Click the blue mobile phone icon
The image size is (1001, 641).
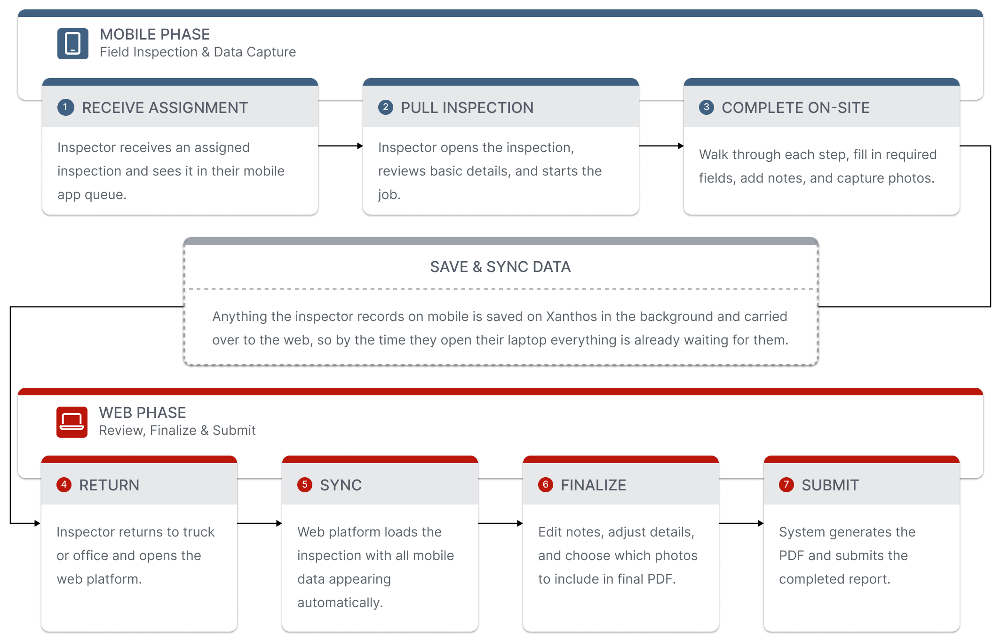click(73, 44)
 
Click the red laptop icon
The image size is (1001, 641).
click(72, 422)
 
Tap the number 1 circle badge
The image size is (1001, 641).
click(65, 107)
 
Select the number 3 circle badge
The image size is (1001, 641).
click(706, 107)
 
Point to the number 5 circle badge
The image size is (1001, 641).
click(305, 485)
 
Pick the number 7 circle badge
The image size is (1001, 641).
click(786, 485)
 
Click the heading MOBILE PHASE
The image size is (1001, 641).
click(155, 34)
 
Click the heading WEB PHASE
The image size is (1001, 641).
click(143, 413)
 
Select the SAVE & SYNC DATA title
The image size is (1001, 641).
click(500, 267)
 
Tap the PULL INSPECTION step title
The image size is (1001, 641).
click(467, 108)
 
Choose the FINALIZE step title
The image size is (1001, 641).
click(593, 485)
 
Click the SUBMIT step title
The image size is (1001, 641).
click(830, 485)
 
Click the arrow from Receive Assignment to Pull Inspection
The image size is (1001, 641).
click(341, 146)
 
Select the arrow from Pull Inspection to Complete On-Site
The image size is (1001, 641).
click(661, 146)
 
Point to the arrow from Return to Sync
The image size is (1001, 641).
click(260, 523)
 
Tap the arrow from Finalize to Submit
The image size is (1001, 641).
click(741, 523)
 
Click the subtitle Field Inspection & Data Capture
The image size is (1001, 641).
click(198, 52)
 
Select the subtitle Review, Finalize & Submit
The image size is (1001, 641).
click(177, 431)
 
